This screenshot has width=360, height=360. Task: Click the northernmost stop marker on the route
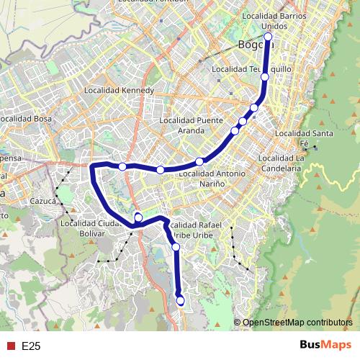pos(268,37)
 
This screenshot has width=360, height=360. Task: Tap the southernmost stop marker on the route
pos(180,300)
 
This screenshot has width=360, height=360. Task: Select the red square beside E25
pos(10,346)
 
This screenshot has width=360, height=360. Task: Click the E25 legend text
pos(31,346)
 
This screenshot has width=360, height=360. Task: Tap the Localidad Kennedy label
pos(119,91)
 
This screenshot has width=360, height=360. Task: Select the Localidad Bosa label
pos(25,118)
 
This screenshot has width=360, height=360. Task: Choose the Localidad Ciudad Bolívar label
pos(88,228)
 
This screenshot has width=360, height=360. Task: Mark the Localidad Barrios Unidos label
pos(274,19)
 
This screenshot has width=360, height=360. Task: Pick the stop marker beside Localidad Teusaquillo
pos(265,76)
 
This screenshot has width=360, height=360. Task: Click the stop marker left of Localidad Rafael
pos(138,217)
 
